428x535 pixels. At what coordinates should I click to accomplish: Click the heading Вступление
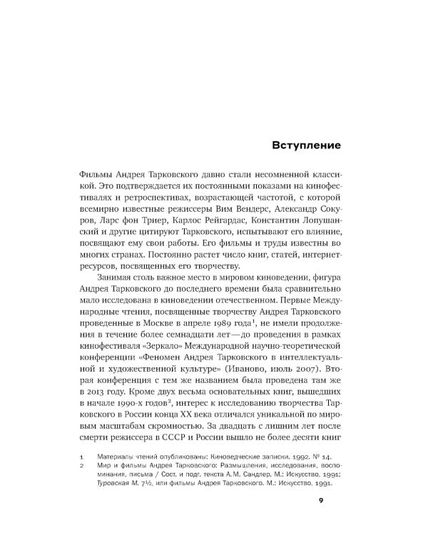pyautogui.click(x=306, y=145)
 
